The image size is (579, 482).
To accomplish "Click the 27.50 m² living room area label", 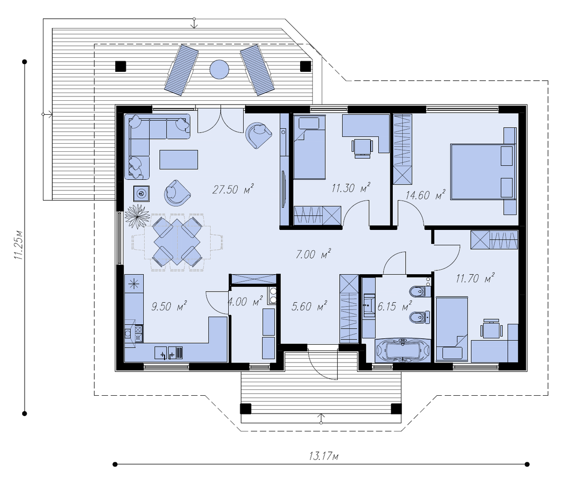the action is click(x=233, y=189).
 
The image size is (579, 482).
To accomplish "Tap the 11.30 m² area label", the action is click(x=351, y=188).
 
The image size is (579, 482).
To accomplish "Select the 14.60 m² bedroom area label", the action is click(x=426, y=195).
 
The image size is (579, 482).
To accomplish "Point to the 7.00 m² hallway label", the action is click(x=313, y=254).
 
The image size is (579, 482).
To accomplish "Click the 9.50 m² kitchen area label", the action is click(x=169, y=307).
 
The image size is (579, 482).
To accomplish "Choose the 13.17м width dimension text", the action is click(x=323, y=455).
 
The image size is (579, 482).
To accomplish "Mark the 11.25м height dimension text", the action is click(x=19, y=244).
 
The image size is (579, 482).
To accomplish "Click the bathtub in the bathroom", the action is click(x=403, y=350).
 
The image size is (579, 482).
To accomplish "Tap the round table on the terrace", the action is click(x=220, y=69).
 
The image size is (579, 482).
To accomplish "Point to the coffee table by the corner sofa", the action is click(x=179, y=160).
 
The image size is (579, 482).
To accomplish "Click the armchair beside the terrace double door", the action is click(x=258, y=135).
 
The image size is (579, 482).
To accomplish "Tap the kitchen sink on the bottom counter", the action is click(x=168, y=353).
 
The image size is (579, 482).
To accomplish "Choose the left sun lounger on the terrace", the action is click(x=181, y=70).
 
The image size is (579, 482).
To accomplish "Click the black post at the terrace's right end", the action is click(x=305, y=67).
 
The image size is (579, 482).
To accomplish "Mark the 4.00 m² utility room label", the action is click(x=245, y=302).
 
